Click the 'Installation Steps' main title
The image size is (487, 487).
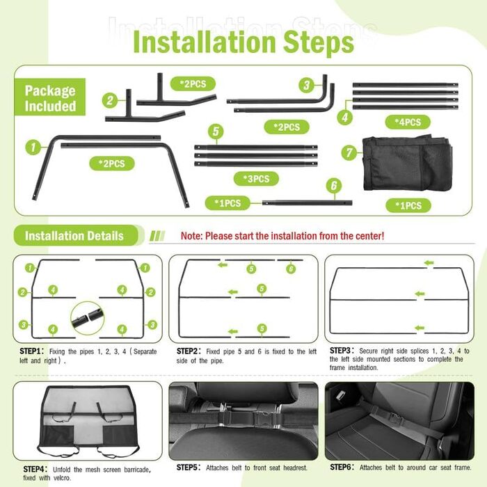[243, 42]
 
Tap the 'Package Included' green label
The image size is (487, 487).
[50, 97]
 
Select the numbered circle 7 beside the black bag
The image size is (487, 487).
[349, 152]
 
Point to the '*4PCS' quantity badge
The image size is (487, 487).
[408, 122]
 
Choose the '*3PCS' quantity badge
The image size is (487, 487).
[256, 179]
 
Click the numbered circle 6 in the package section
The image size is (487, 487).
[334, 186]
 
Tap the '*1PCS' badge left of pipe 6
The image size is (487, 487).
[227, 203]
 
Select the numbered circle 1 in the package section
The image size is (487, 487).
[33, 147]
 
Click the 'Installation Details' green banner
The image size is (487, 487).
[76, 236]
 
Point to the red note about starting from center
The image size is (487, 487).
[282, 236]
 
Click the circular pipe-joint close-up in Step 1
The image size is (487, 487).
[88, 318]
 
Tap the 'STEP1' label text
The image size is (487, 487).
[30, 351]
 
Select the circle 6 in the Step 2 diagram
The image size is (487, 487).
[291, 269]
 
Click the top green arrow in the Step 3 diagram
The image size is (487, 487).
[429, 263]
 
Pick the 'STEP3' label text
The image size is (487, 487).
[340, 351]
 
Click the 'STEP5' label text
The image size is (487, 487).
[187, 468]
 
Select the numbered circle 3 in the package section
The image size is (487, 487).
[307, 85]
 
